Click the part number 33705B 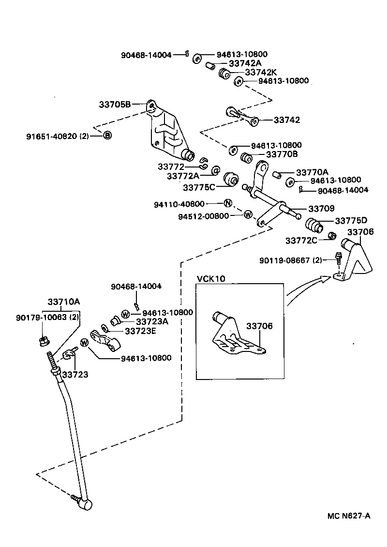coord(115,104)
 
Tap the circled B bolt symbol coord(107,135)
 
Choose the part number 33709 coord(321,209)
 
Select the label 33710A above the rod coord(63,302)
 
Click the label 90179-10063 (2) coord(47,318)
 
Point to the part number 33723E coord(139,331)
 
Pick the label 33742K coord(261,72)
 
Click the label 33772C coord(301,240)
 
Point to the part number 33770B coord(282,154)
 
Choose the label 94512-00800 coord(203,216)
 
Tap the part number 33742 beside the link coord(287,120)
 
